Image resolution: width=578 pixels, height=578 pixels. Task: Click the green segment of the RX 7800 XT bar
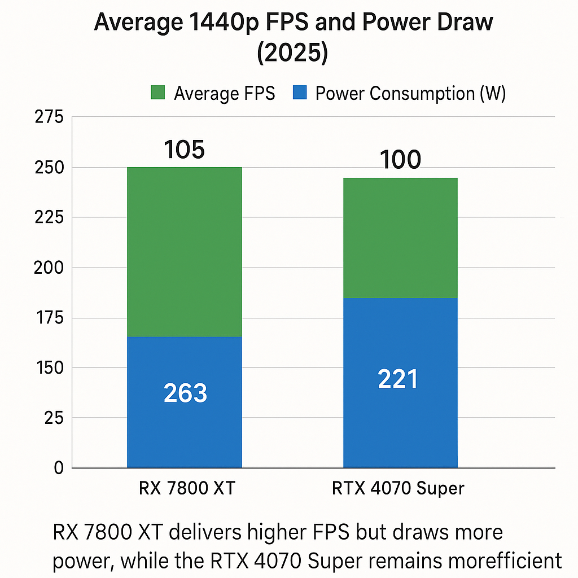click(x=185, y=251)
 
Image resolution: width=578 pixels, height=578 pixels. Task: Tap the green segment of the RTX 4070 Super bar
click(x=400, y=238)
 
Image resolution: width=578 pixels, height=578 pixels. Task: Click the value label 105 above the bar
click(x=185, y=150)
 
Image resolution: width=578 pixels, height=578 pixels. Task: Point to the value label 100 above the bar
click(x=400, y=160)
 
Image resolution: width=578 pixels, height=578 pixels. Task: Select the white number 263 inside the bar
click(x=185, y=393)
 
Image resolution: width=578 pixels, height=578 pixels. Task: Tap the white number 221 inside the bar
click(x=398, y=379)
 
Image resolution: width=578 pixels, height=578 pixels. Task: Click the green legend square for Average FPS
click(x=157, y=93)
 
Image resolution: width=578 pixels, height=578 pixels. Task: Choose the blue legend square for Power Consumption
click(x=300, y=93)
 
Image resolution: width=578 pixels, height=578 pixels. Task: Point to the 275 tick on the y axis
click(x=49, y=117)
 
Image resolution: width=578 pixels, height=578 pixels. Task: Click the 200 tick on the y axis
click(x=49, y=268)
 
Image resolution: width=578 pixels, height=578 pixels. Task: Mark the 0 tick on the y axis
click(x=58, y=468)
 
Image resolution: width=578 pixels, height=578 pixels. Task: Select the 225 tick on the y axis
click(x=49, y=217)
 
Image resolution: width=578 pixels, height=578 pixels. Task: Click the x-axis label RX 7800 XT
click(x=186, y=488)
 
